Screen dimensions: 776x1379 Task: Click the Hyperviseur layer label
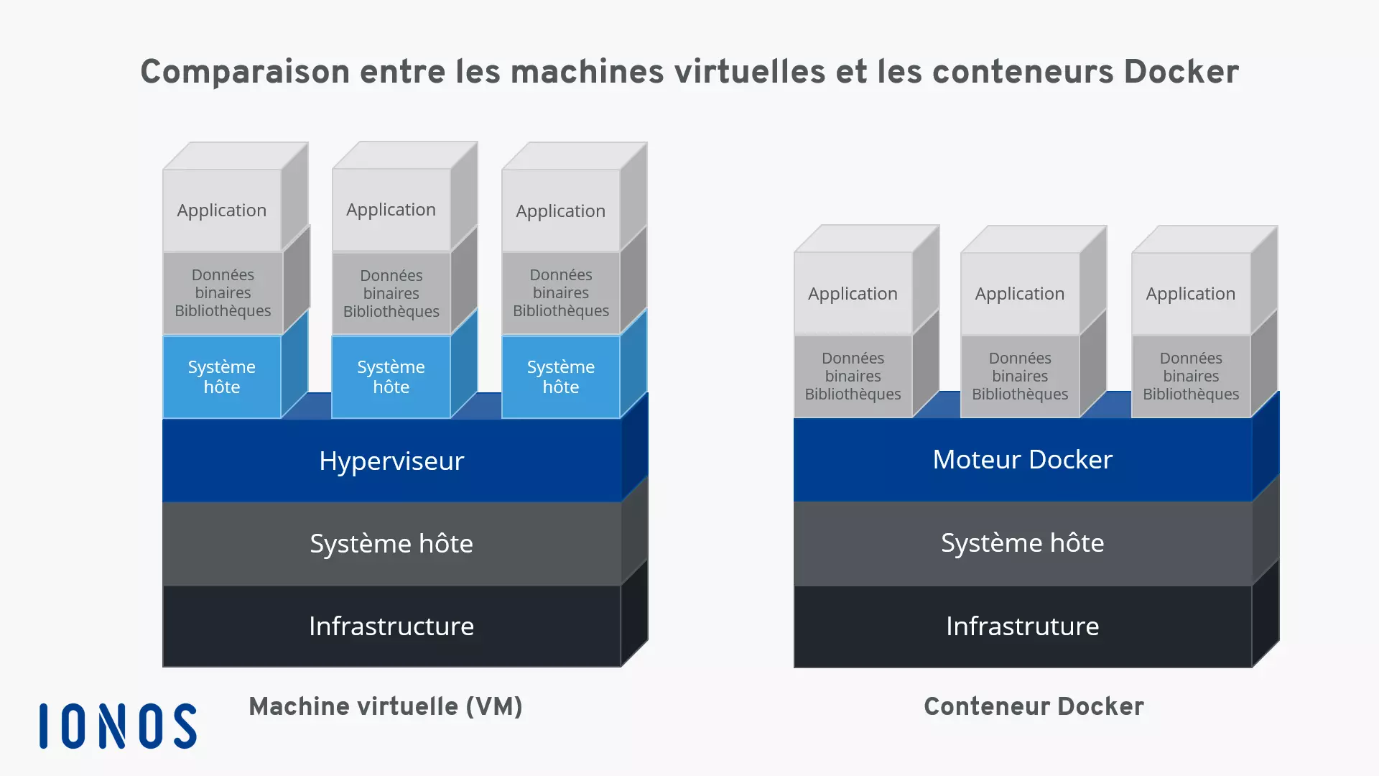click(391, 461)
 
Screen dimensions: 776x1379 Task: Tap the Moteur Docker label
click(1022, 460)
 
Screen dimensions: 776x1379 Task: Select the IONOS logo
click(118, 726)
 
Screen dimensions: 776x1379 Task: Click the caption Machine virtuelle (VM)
click(386, 707)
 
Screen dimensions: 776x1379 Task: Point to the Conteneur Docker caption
click(1034, 707)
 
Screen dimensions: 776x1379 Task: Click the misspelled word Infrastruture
click(1022, 627)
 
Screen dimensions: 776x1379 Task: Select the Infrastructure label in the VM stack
click(391, 627)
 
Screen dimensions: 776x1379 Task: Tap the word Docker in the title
click(1181, 72)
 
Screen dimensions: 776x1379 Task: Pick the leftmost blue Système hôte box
click(222, 377)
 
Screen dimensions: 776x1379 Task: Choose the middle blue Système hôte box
click(391, 377)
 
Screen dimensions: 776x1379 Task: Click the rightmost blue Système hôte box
click(561, 377)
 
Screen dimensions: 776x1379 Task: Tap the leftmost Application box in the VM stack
click(222, 211)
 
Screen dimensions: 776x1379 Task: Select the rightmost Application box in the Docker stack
click(1191, 294)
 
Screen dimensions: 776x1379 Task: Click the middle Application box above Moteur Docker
click(1020, 294)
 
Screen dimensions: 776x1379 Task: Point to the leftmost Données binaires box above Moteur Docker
click(853, 376)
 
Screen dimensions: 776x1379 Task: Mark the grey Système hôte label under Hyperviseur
click(391, 544)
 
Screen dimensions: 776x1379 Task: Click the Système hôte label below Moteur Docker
click(1022, 543)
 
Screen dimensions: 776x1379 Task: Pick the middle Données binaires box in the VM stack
click(391, 293)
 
